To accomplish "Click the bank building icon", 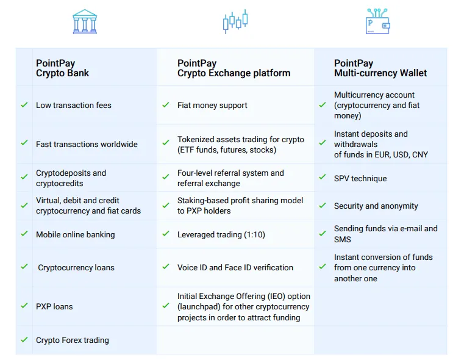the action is click(x=85, y=21).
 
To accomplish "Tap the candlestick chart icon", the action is click(x=235, y=21).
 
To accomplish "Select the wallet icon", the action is click(x=377, y=21).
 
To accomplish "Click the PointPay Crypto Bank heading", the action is click(x=62, y=68).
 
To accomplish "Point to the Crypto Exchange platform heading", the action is click(x=234, y=68).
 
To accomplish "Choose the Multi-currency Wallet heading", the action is click(x=380, y=68).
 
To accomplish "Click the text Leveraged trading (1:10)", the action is click(x=221, y=235).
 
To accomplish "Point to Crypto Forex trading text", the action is click(x=73, y=340).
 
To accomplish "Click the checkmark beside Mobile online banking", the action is click(x=24, y=234).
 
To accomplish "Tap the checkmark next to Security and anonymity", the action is click(x=323, y=205).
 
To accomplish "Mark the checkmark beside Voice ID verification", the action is click(x=166, y=267).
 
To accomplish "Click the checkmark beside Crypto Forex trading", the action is click(x=24, y=340).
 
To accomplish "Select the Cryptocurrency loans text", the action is click(x=76, y=268).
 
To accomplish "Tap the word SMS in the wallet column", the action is click(x=343, y=240).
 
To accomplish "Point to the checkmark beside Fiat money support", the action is click(x=166, y=104).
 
